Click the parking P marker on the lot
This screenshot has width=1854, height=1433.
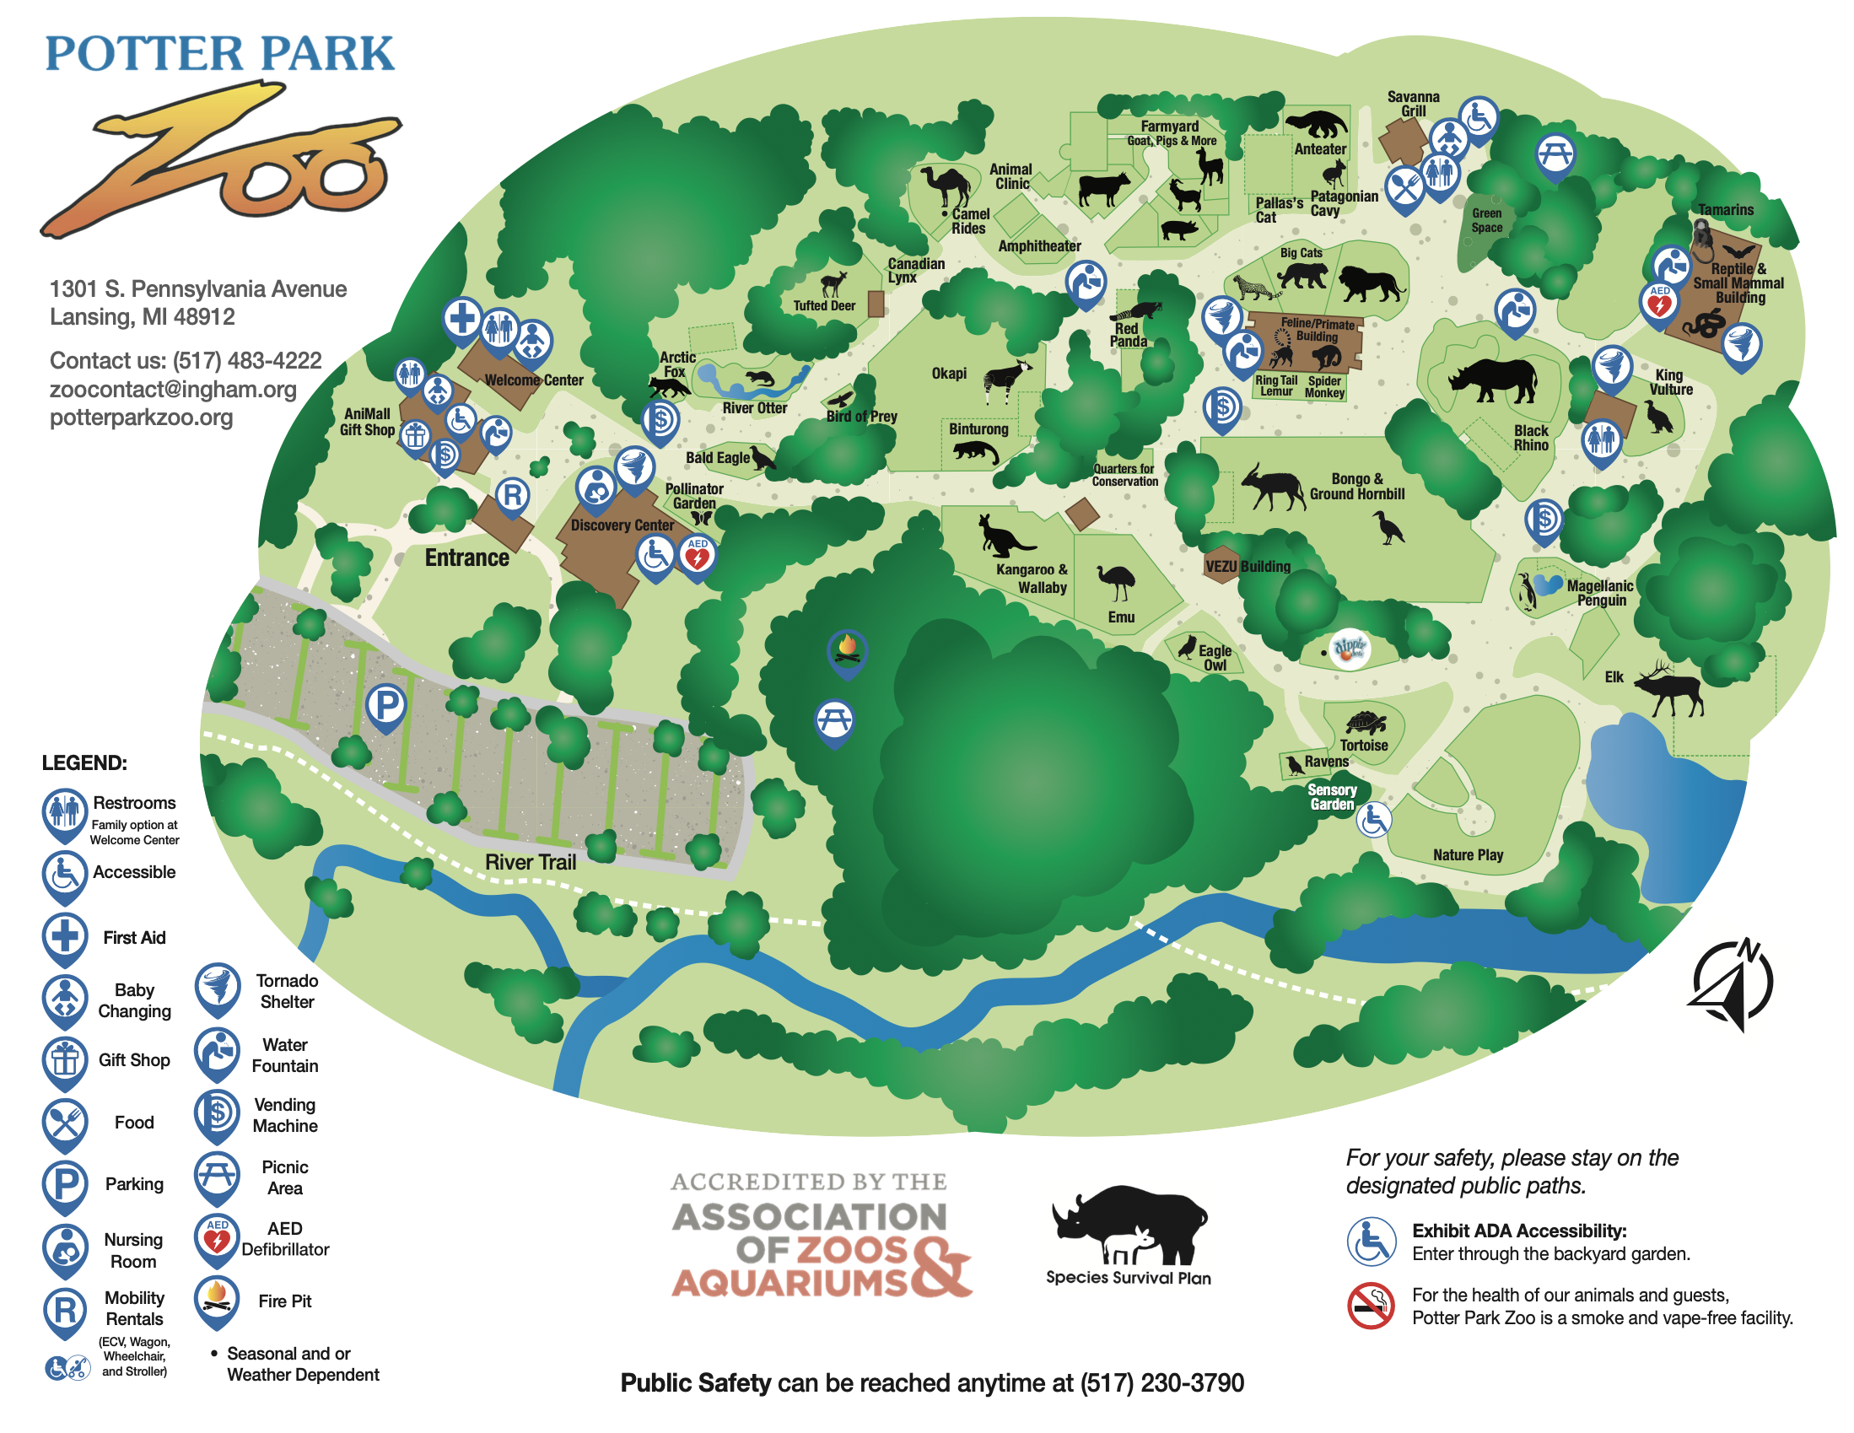coord(386,704)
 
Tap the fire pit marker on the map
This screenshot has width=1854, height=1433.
coord(846,649)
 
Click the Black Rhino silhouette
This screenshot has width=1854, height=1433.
coord(1492,379)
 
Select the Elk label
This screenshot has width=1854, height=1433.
coord(1613,676)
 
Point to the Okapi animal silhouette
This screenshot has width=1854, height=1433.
coord(1007,380)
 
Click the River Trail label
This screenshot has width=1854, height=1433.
coord(530,862)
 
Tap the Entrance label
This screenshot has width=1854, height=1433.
coord(467,558)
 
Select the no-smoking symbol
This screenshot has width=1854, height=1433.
coord(1370,1305)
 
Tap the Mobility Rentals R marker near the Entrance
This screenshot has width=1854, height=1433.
coord(512,494)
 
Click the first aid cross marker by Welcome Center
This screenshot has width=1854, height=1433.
coord(462,319)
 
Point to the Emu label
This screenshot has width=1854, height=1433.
coord(1120,617)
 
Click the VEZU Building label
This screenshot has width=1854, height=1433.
coord(1247,566)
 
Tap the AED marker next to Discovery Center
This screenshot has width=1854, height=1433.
coord(697,556)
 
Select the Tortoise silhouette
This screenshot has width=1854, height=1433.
coord(1365,723)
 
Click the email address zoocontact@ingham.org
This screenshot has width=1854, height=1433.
coord(173,389)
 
